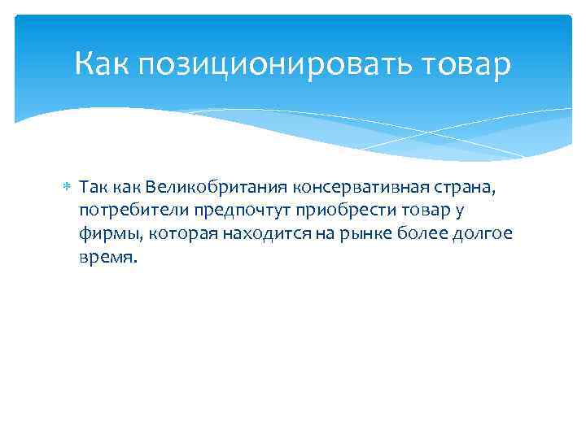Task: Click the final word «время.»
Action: (x=109, y=258)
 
